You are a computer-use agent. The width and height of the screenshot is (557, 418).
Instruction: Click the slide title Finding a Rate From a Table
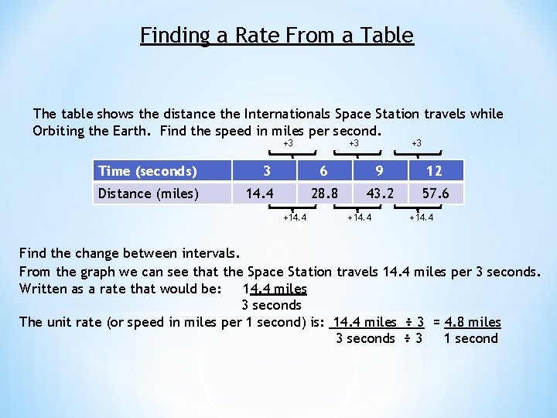[x=277, y=36]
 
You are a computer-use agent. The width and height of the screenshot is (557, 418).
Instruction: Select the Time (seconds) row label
[x=148, y=171]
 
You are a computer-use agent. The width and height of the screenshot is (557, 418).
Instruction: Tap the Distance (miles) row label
[x=148, y=193]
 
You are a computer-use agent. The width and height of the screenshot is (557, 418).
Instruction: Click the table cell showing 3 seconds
[x=267, y=171]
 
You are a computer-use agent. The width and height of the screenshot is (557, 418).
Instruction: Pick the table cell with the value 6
[x=324, y=171]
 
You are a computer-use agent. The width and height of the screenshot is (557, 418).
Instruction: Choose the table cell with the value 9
[x=381, y=171]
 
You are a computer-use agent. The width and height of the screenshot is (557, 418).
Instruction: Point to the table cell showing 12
[x=434, y=171]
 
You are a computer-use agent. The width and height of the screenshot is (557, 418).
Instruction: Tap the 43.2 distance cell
[x=380, y=193]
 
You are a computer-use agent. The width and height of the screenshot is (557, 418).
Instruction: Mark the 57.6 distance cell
[x=435, y=193]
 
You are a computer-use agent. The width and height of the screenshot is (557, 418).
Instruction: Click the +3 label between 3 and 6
[x=288, y=143]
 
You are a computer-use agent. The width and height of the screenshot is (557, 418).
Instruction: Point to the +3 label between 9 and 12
[x=416, y=143]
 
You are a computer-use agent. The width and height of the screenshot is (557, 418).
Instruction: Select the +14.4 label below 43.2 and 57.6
[x=421, y=218]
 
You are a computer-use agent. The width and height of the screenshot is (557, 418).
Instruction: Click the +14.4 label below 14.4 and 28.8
[x=294, y=218]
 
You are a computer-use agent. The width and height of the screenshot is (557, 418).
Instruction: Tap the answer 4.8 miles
[x=473, y=322]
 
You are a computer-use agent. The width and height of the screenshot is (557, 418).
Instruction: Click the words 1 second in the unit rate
[x=470, y=338]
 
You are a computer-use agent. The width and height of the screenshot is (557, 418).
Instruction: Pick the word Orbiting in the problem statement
[x=59, y=131]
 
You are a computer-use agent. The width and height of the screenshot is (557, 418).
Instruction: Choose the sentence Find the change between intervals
[x=129, y=253]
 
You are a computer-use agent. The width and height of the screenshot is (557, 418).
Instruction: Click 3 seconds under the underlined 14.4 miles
[x=272, y=305]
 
